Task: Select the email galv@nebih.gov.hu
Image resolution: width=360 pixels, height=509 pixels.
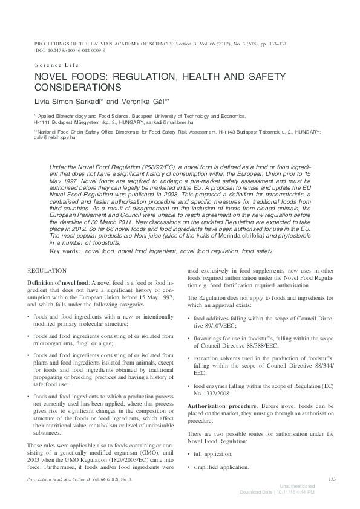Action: pyautogui.click(x=54, y=137)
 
